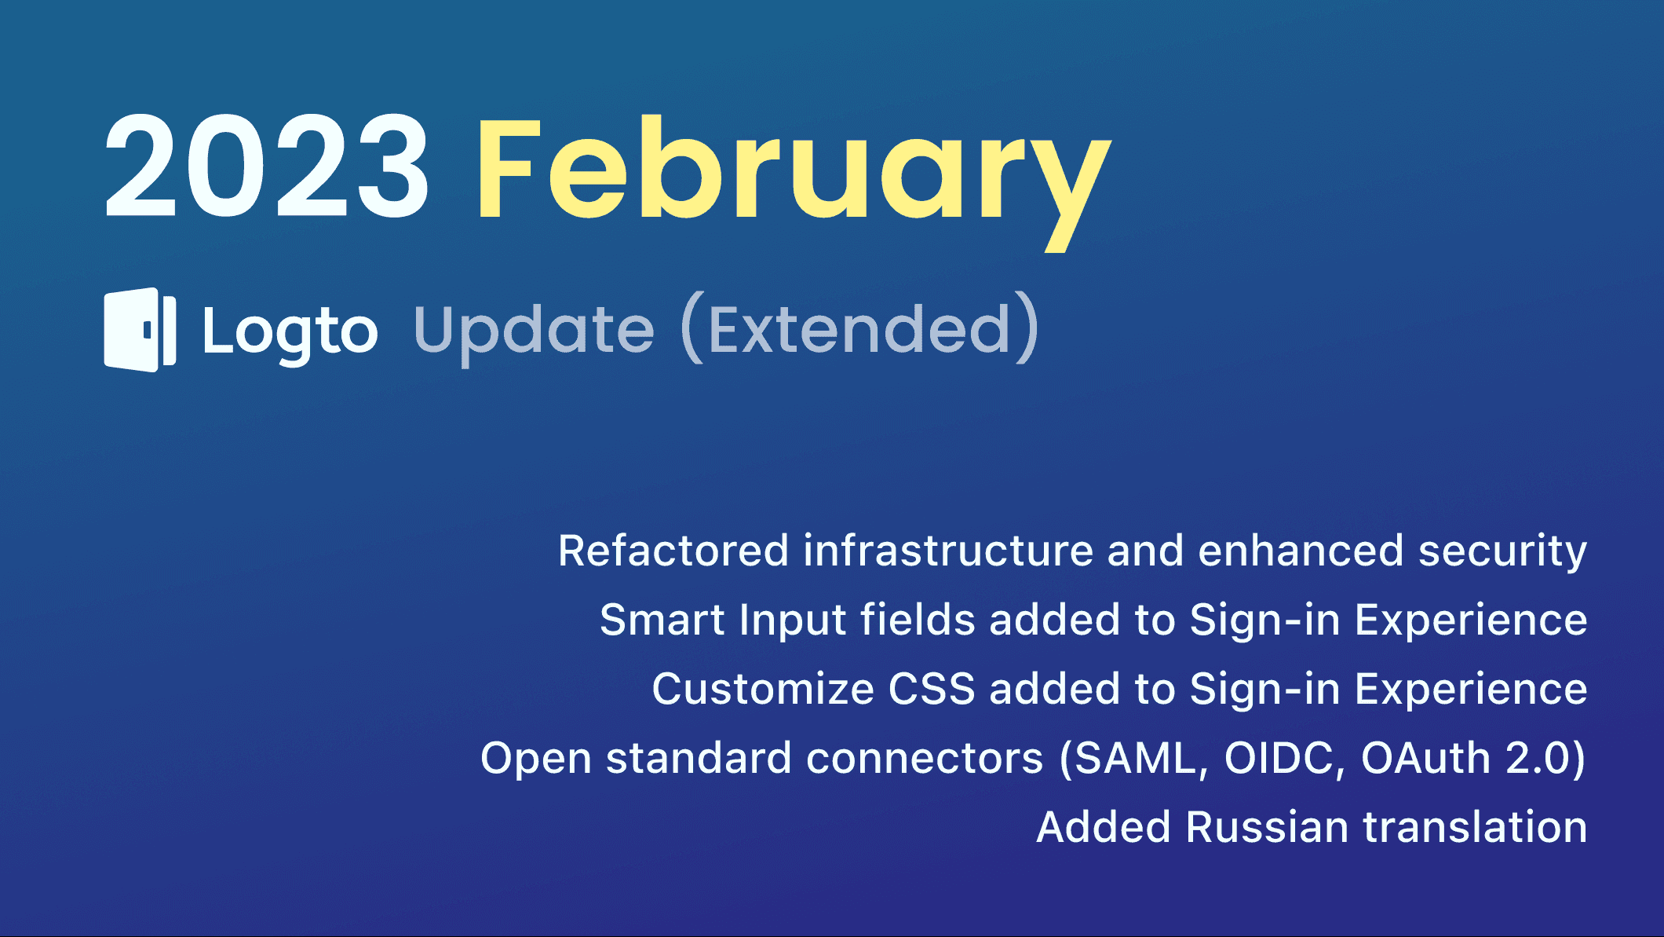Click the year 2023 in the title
coord(267,167)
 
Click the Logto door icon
coord(140,330)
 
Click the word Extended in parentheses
coord(859,330)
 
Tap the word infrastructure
coord(948,550)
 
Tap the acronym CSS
coord(932,689)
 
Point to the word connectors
coord(925,758)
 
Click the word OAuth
coord(1425,758)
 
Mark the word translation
coord(1476,827)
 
